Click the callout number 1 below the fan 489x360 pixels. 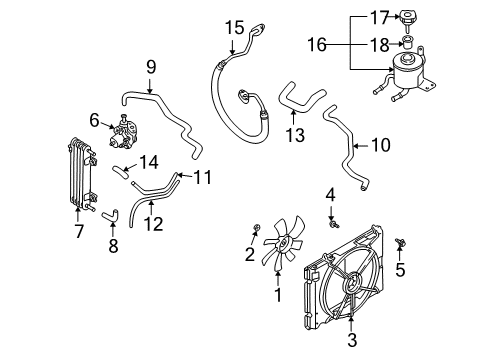278,296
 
